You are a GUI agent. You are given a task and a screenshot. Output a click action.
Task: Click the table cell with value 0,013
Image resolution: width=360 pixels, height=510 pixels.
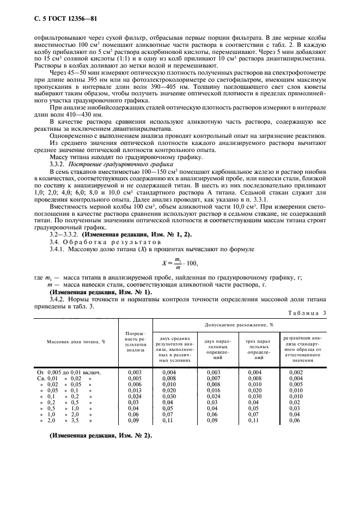(135, 391)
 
